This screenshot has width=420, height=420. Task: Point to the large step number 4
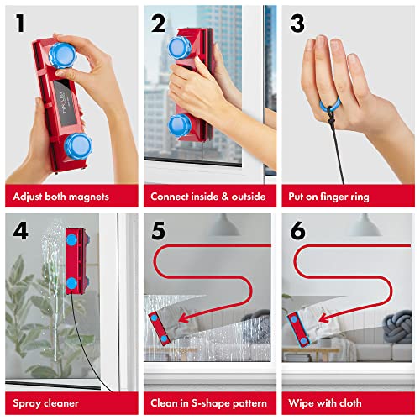coord(18,230)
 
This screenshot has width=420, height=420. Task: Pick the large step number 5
coord(159,230)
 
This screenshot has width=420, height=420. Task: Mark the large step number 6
coord(298,230)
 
